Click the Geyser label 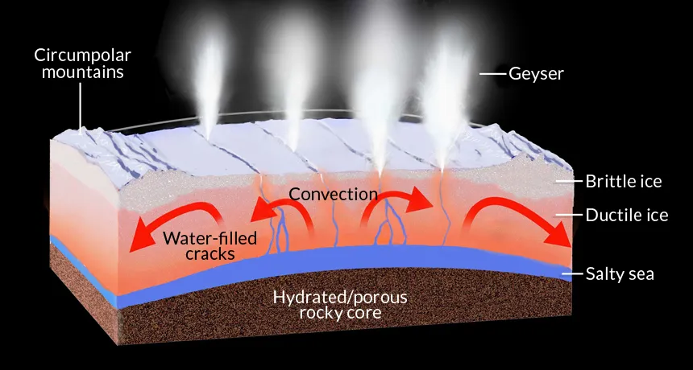[537, 74]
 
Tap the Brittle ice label [623, 181]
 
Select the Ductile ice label [626, 216]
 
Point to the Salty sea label [620, 274]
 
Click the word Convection [333, 194]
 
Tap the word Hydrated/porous [340, 297]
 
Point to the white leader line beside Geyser [492, 74]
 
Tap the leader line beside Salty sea [571, 274]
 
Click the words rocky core [340, 312]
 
